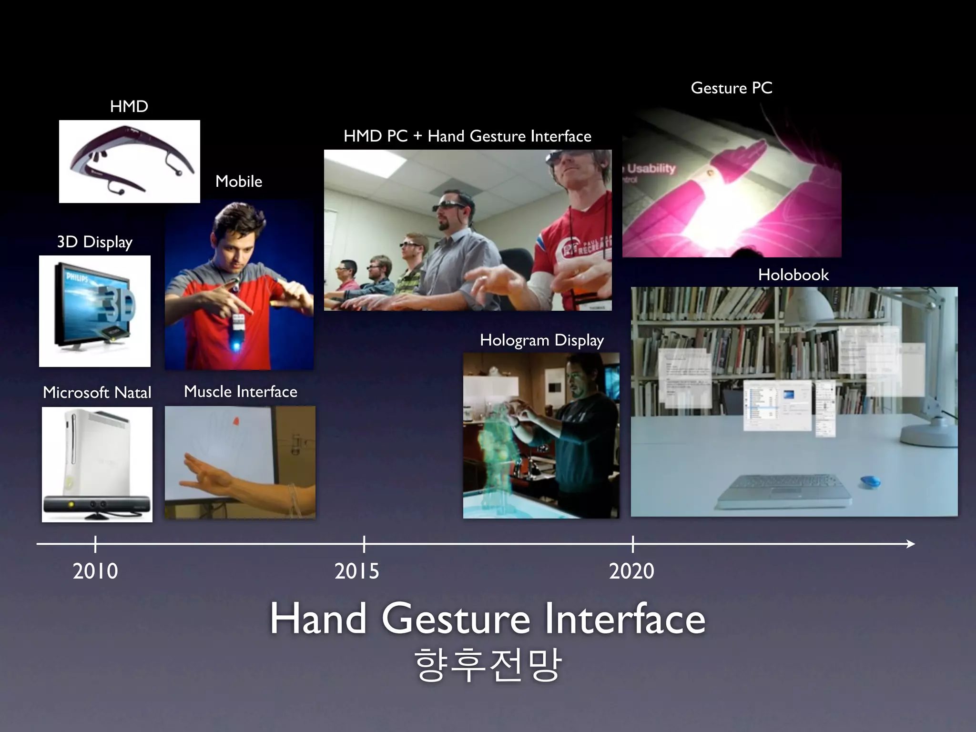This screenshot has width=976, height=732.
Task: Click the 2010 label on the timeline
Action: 95,571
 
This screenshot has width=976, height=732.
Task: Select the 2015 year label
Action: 357,571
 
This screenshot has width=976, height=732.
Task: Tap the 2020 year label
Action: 632,571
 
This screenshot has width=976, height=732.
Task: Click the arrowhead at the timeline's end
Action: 910,544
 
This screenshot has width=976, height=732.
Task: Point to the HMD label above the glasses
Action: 129,106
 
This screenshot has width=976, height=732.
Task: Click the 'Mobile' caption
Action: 239,182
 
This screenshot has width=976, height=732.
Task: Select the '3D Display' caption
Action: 95,242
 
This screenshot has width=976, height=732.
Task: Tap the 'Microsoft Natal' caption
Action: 97,393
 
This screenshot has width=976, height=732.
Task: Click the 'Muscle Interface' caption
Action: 241,392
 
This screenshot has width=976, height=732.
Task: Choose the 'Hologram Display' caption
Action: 542,340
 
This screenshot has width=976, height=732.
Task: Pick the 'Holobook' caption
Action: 793,275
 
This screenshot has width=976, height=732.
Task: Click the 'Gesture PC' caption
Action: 732,88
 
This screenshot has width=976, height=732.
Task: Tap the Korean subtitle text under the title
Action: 488,665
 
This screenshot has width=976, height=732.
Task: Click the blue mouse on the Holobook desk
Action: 870,482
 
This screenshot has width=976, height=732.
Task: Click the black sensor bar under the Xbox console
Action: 97,505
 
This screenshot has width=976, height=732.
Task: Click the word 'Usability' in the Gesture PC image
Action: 651,168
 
